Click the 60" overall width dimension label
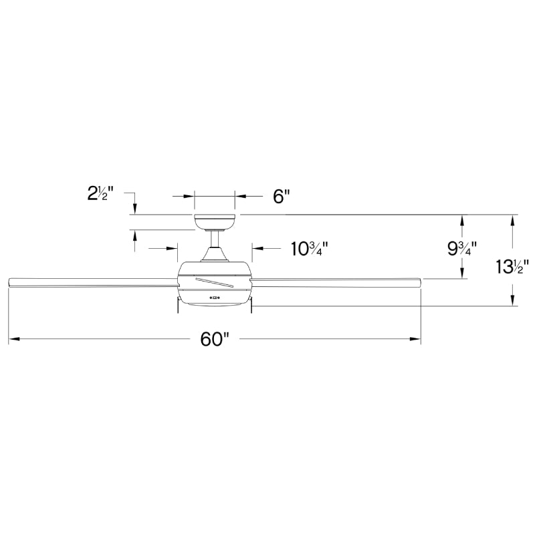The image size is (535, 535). (x=215, y=340)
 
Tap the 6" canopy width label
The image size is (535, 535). (x=281, y=197)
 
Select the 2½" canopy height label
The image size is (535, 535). (x=101, y=195)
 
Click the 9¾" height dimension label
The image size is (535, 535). (x=462, y=249)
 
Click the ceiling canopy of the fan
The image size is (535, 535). (x=215, y=221)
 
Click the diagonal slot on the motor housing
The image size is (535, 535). (x=214, y=281)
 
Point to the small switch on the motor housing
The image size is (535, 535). (x=215, y=297)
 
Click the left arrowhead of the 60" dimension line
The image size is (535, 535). (x=12, y=340)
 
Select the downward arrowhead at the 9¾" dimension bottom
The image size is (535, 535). (x=462, y=274)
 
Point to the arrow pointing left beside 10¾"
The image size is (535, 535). (x=257, y=248)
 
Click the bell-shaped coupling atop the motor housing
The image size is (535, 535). (x=215, y=254)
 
